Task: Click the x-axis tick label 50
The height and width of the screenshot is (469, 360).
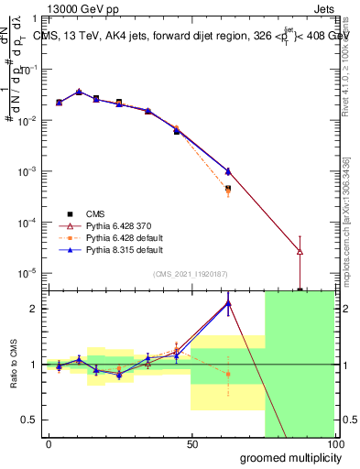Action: (191, 444)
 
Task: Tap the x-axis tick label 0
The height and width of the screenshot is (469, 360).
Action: (49, 444)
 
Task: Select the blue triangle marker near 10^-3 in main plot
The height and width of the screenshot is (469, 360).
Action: (228, 171)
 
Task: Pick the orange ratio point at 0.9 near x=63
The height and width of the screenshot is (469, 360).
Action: (228, 374)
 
